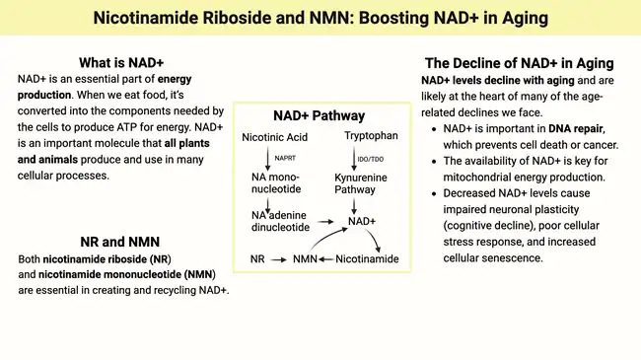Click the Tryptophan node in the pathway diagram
point(370,135)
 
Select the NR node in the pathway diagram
point(257,258)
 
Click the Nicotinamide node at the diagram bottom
point(367,258)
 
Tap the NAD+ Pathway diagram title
point(318,115)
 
